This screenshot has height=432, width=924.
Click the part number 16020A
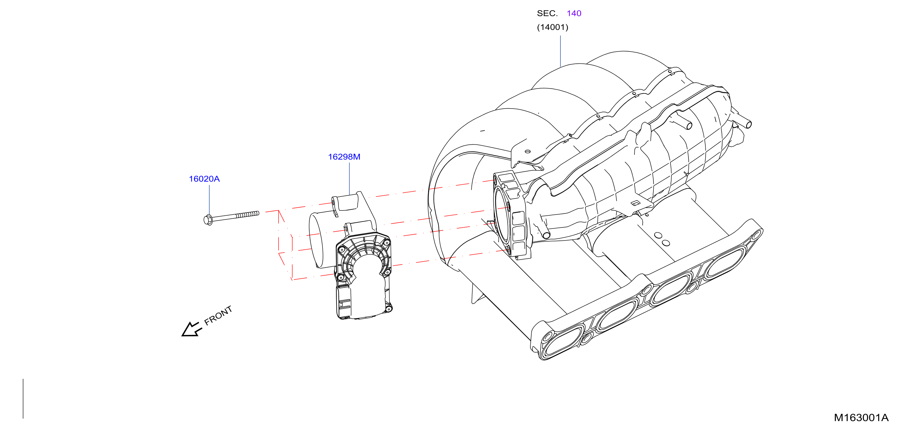(x=204, y=179)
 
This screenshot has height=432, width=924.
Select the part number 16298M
(x=344, y=157)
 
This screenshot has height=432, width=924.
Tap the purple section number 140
(x=574, y=13)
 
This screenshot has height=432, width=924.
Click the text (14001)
(x=553, y=27)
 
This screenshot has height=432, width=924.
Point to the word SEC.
(x=547, y=13)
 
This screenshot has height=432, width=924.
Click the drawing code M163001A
(x=861, y=417)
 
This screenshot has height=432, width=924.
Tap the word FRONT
(x=218, y=315)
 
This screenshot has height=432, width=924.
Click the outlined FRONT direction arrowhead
(x=192, y=329)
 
